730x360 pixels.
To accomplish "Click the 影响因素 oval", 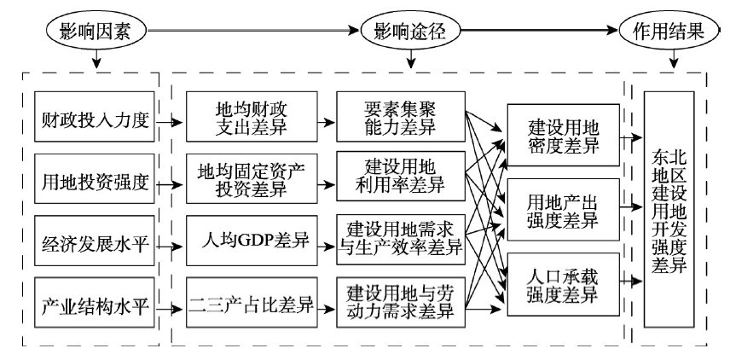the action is pos(96,32).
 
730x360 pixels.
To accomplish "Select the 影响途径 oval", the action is pos(410,32).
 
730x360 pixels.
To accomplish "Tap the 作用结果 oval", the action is pos(669,32).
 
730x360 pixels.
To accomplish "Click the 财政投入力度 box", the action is pos(95,116).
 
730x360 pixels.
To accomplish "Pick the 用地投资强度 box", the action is pos(95,178).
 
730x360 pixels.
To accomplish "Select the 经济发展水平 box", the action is pos(95,241).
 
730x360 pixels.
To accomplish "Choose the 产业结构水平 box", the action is pos(95,303).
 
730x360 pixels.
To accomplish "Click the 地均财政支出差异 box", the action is pos(252,116).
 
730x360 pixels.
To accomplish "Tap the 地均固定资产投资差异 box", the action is pos(252,178).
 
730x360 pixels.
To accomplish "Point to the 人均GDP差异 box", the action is pos(252,241).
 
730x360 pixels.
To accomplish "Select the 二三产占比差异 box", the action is pos(252,303).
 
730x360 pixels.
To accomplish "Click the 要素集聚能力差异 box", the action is pos(401,116).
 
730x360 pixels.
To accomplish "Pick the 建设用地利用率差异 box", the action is pos(401,176).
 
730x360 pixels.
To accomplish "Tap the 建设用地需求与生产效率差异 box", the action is pos(401,240).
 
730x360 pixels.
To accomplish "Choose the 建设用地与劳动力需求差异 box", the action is pos(401,303).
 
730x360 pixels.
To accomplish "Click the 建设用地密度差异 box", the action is pos(564,135).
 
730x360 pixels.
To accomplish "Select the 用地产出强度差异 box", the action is pos(564,210).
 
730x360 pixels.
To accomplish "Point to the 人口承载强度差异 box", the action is pos(564,285).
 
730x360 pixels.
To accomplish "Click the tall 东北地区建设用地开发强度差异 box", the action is pos(669,210).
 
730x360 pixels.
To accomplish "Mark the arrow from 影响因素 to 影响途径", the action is pos(254,32).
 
